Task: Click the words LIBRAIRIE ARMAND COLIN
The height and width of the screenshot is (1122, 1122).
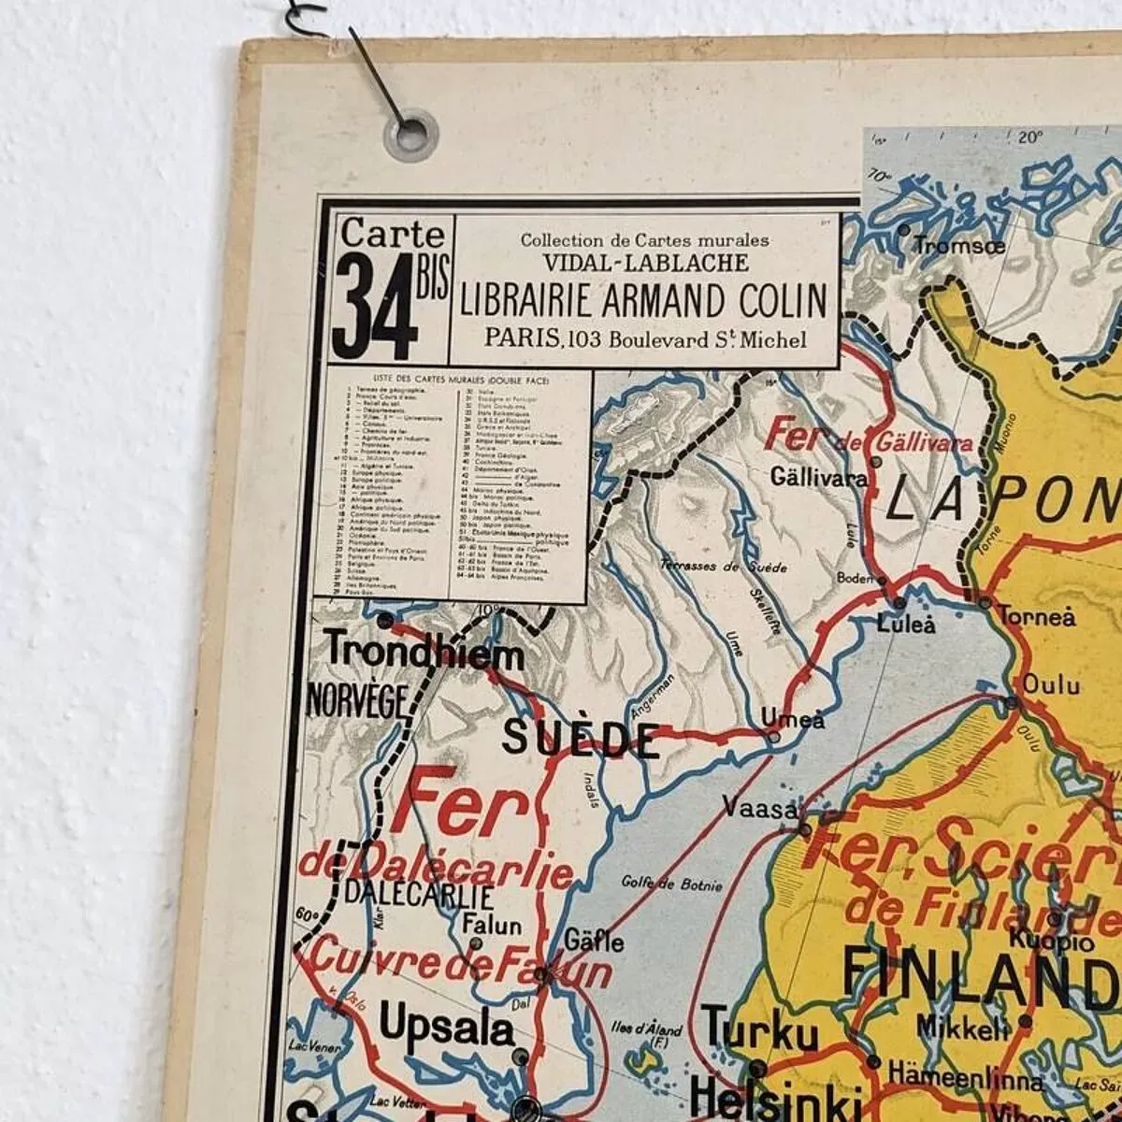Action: click(643, 301)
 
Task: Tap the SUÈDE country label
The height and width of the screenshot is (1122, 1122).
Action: click(580, 739)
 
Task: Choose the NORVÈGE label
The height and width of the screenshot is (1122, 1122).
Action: click(358, 700)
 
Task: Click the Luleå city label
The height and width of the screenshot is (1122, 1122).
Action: click(905, 624)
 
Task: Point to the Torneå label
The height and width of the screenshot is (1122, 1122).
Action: click(1036, 617)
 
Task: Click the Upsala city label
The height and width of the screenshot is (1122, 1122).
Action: click(447, 1030)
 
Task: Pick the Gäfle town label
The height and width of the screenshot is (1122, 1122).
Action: click(594, 940)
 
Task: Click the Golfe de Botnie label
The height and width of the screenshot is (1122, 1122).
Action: click(672, 884)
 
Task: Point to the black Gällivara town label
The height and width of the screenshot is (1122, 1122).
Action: click(819, 477)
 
